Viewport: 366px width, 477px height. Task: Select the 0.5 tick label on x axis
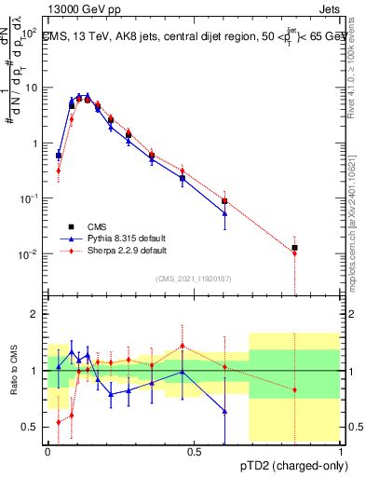[194, 452]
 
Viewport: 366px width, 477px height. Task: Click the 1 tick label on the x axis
[341, 452]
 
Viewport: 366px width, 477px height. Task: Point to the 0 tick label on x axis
[47, 452]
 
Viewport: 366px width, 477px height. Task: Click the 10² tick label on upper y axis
[30, 32]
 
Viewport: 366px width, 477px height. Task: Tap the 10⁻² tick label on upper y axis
[30, 254]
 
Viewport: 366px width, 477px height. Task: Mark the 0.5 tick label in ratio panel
[32, 427]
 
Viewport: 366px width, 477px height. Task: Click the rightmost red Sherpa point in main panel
[294, 253]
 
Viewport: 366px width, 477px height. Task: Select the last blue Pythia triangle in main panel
[224, 213]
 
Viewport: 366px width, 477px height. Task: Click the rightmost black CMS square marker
[294, 248]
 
